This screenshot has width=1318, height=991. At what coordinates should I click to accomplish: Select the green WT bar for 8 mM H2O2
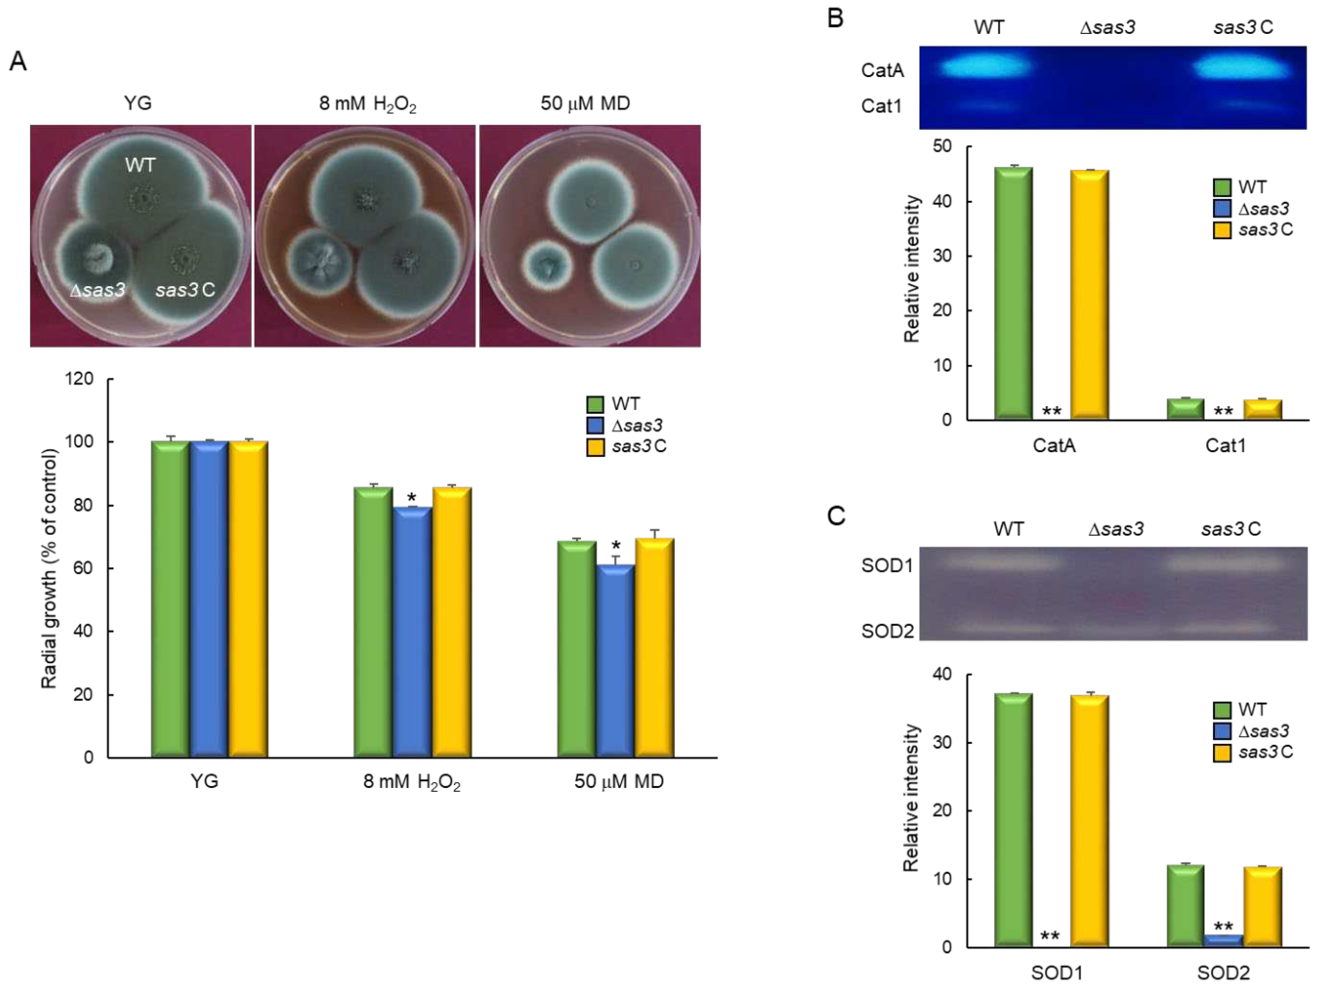[373, 622]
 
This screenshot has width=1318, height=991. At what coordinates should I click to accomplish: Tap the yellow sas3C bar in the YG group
[248, 599]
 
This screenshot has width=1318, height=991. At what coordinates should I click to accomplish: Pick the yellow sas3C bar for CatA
[1089, 295]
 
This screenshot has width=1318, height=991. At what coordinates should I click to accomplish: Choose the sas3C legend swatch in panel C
[1222, 753]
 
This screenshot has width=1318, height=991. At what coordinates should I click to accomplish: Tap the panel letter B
[835, 18]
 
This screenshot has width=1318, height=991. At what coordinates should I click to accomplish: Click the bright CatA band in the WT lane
[986, 67]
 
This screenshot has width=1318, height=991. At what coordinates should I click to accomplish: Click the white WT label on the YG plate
[140, 165]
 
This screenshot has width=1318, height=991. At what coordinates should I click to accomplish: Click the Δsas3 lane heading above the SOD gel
[1116, 529]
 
